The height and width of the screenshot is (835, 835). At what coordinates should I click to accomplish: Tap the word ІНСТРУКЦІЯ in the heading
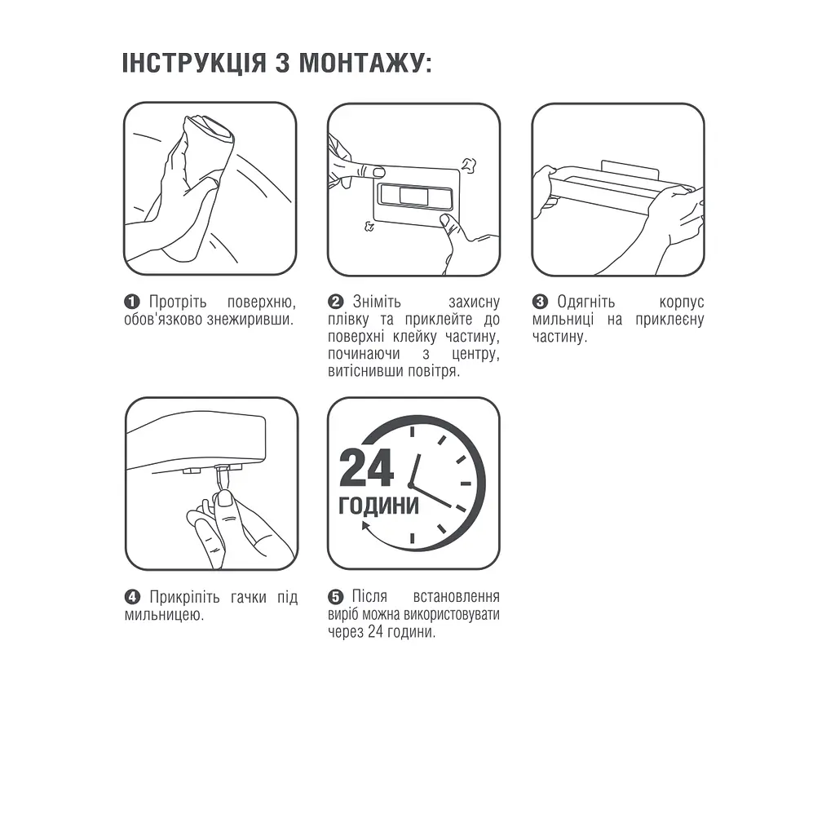194,63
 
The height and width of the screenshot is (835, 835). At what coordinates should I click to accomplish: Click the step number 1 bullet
132,303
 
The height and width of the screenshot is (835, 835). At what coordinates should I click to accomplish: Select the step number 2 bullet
335,303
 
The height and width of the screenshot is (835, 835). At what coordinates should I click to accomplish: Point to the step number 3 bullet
540,303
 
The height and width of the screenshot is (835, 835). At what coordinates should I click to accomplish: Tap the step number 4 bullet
132,598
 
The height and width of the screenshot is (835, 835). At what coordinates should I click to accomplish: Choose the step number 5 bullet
335,598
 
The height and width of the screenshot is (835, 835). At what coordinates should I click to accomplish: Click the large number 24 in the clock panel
367,467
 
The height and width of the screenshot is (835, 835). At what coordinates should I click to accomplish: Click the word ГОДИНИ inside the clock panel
378,506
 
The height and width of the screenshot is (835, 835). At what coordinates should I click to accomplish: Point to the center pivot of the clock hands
411,486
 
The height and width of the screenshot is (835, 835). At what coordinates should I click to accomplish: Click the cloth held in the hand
209,139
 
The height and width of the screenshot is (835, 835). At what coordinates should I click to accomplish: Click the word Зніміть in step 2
377,303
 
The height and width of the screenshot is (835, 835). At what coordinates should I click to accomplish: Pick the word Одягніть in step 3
586,303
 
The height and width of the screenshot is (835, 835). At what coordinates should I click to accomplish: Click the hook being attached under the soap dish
221,480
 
